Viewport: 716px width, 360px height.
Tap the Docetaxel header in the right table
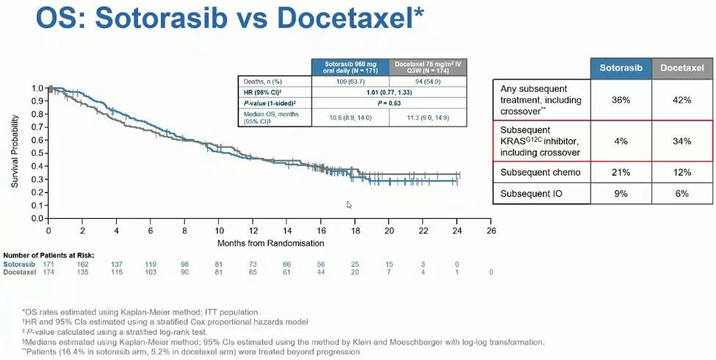[x=682, y=68]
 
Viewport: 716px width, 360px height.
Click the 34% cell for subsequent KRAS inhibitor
[x=682, y=141]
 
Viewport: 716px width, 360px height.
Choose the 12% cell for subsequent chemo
[x=682, y=173]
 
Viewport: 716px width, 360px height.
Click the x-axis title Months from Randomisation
[x=270, y=242]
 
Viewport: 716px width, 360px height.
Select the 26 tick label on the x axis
[x=491, y=230]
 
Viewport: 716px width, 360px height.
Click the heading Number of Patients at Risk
[x=48, y=255]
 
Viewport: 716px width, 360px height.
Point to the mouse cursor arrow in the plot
[x=350, y=205]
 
